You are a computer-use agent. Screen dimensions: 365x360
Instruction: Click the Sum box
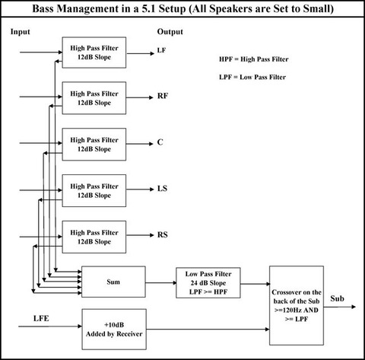click(113, 282)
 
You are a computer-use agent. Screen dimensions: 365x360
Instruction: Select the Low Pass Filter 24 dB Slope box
click(208, 282)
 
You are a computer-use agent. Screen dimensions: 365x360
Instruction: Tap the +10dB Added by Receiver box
click(114, 329)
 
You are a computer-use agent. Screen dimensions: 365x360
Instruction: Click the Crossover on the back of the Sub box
click(297, 305)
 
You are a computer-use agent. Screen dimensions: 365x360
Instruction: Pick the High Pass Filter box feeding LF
click(94, 53)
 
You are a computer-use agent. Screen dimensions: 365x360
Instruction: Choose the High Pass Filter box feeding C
click(94, 145)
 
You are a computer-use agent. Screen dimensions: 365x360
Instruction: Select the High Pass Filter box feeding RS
click(94, 237)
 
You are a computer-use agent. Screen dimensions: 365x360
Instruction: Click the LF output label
click(161, 50)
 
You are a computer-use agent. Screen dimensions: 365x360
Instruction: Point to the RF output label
click(163, 96)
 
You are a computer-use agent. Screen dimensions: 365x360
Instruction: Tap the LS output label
click(162, 189)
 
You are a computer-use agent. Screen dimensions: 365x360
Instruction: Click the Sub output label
click(337, 298)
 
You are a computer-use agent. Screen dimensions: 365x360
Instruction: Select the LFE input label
click(41, 318)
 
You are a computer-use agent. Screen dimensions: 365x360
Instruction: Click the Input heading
click(21, 32)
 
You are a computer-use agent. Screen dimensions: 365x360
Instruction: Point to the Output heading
click(170, 32)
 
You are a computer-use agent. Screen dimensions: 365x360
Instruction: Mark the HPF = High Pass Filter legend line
click(254, 59)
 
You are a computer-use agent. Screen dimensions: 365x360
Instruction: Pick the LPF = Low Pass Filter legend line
click(252, 77)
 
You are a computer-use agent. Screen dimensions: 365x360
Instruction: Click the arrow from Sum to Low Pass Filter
click(161, 282)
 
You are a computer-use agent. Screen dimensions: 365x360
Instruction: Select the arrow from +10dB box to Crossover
click(208, 330)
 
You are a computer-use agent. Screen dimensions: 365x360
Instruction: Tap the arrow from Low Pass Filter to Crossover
click(255, 284)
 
